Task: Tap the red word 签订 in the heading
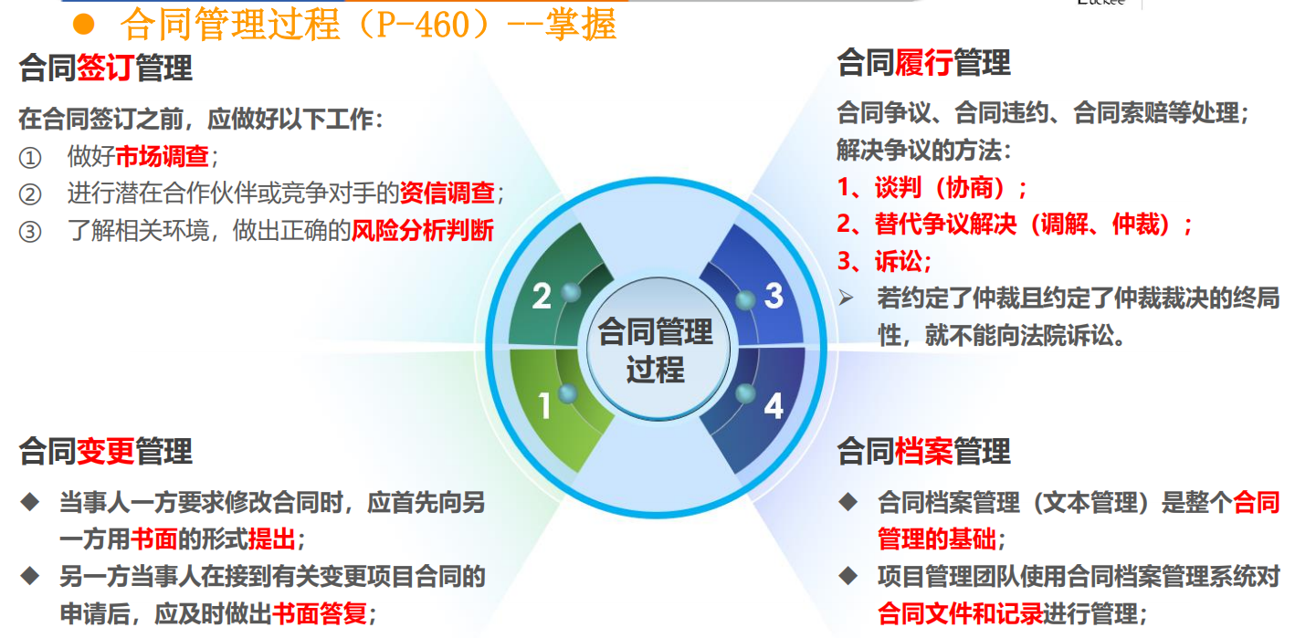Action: pos(105,68)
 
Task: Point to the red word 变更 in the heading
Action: pos(105,451)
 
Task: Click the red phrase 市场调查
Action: pos(163,156)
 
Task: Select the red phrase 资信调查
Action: pos(447,193)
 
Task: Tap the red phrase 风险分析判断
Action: pos(423,230)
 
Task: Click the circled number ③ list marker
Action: pos(30,231)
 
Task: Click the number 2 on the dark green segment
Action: pos(542,296)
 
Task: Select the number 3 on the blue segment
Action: pos(774,296)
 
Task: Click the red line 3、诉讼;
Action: pos(884,262)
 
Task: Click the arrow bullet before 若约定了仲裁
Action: pos(847,298)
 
